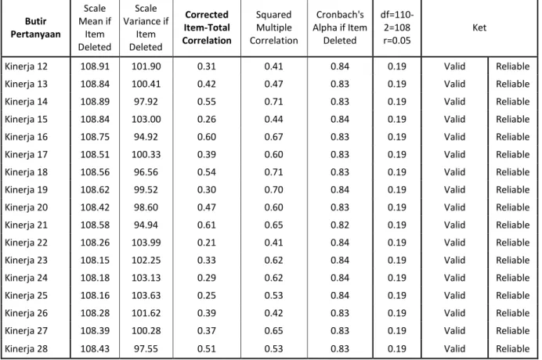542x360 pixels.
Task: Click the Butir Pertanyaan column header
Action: click(x=35, y=27)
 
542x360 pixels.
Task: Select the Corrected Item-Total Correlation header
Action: click(x=207, y=27)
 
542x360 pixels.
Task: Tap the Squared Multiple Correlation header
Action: click(x=274, y=27)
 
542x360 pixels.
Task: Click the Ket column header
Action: click(x=479, y=27)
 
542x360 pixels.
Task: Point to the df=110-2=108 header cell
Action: click(x=397, y=27)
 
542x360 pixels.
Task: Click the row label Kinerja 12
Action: click(x=27, y=67)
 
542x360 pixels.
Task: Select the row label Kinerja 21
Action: click(x=27, y=225)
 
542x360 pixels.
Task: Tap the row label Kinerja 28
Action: click(x=27, y=348)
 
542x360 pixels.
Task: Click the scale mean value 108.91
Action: click(x=95, y=67)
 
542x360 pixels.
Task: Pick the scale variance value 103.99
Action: click(x=146, y=243)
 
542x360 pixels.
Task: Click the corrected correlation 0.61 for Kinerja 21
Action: click(x=207, y=225)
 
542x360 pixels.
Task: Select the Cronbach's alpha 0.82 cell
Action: click(x=340, y=225)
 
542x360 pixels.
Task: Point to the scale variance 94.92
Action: click(x=146, y=137)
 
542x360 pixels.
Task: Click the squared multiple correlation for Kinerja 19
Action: click(x=274, y=189)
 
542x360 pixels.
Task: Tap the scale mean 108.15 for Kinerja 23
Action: click(x=95, y=260)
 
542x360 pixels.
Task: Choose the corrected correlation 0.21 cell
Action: click(x=207, y=243)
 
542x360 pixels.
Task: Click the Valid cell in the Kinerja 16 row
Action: click(x=454, y=137)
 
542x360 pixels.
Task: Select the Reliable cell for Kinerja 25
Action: click(x=512, y=295)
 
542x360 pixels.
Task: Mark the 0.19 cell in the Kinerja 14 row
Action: click(x=397, y=102)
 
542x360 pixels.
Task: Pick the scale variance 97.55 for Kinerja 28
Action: click(x=146, y=348)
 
